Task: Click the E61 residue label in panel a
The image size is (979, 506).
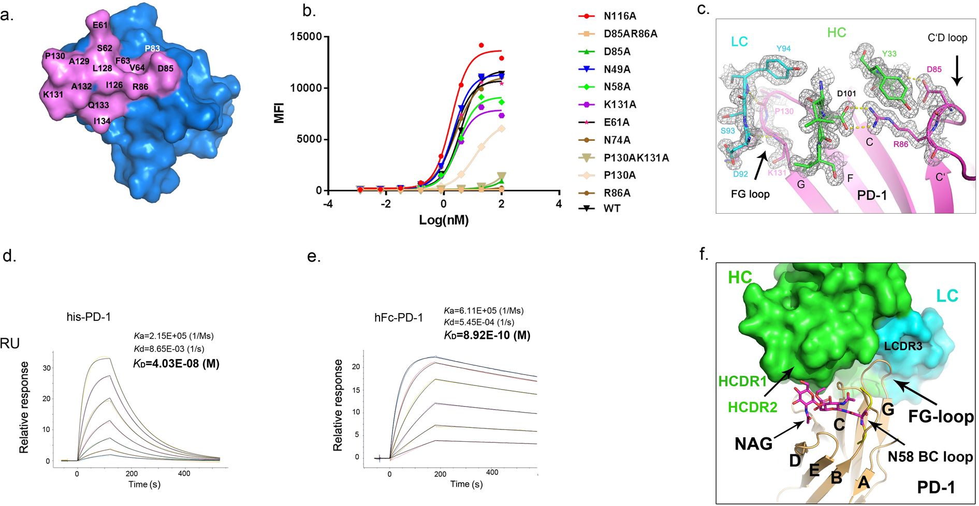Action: (100, 25)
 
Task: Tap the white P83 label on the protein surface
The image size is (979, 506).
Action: (152, 48)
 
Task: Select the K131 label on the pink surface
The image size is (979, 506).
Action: (53, 95)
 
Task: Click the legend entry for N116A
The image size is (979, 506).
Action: (620, 16)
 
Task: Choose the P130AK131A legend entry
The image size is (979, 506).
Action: (636, 158)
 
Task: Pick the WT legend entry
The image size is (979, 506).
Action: (611, 209)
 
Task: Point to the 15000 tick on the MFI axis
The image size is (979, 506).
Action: (306, 37)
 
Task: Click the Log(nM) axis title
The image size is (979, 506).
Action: (444, 220)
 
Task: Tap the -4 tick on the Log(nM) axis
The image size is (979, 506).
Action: (327, 204)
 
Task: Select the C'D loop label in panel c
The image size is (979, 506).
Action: (947, 37)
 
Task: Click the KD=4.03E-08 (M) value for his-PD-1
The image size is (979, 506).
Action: (176, 364)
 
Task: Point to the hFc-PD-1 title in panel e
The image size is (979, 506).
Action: (399, 317)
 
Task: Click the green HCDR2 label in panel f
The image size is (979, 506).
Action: (753, 407)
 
